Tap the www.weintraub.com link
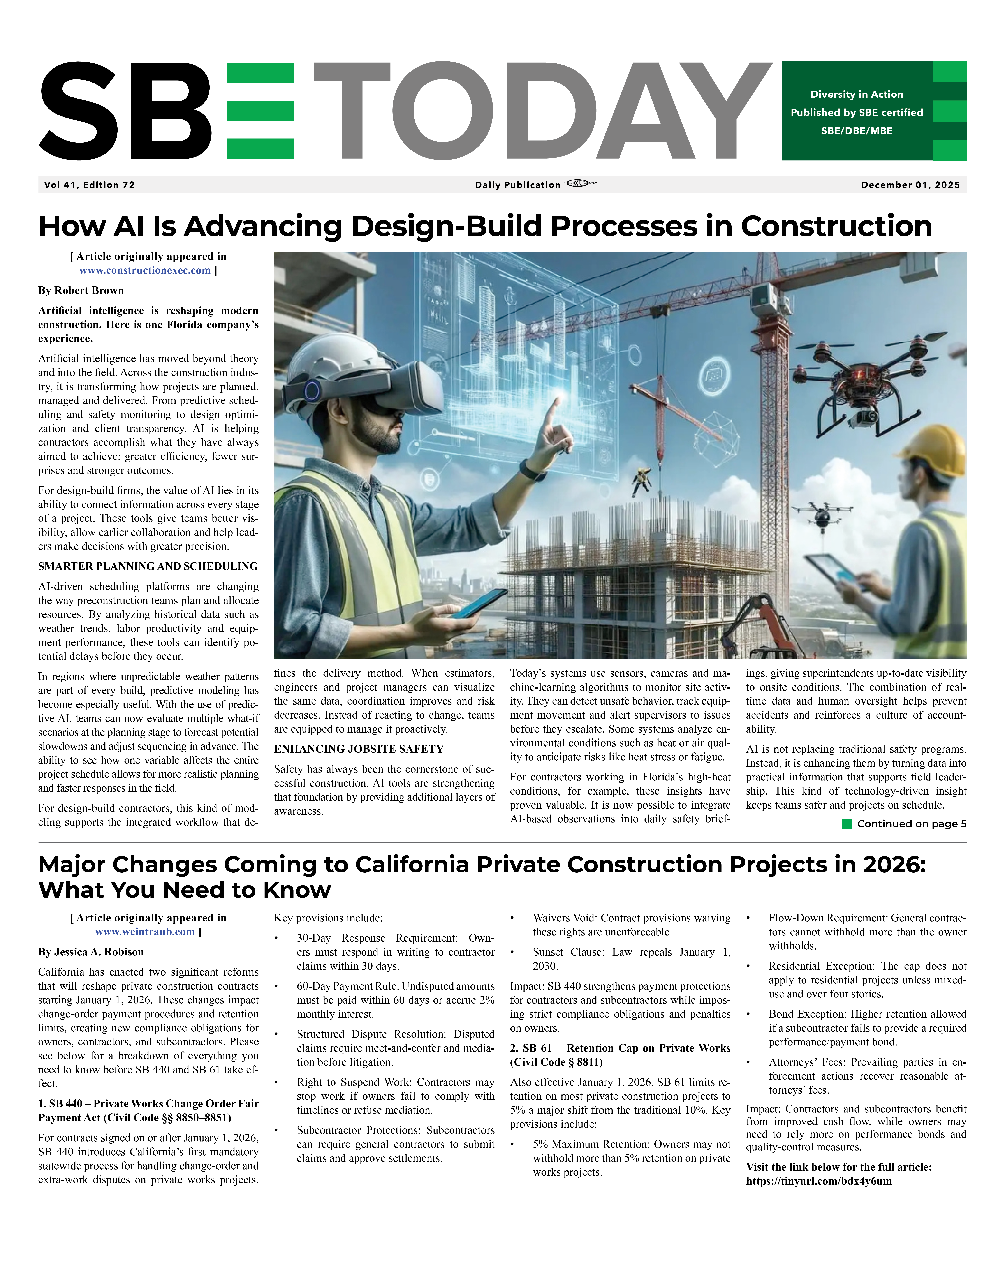145,932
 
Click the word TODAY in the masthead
541,111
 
